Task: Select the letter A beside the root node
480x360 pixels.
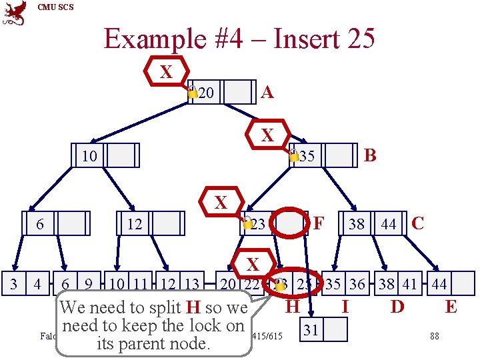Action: (267, 92)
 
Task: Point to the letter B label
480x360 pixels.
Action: (371, 155)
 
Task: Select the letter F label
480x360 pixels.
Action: (319, 222)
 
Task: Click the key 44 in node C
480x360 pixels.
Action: (388, 225)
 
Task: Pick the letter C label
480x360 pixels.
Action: (418, 223)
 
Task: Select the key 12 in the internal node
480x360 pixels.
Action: (135, 225)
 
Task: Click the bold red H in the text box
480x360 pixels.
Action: (193, 308)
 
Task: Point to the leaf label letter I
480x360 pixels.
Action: (345, 307)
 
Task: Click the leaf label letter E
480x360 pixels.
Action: (451, 307)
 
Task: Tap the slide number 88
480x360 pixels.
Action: (435, 336)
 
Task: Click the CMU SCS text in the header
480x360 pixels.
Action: (56, 7)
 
